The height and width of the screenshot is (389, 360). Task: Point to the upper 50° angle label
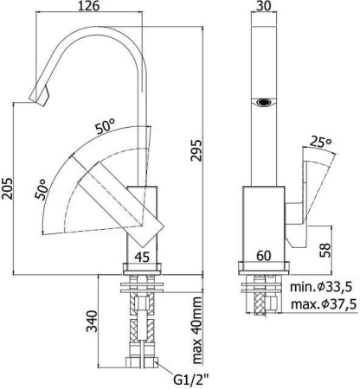tap(106, 126)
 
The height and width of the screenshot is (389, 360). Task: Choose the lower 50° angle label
tap(42, 189)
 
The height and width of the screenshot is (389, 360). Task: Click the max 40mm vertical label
tap(196, 331)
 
